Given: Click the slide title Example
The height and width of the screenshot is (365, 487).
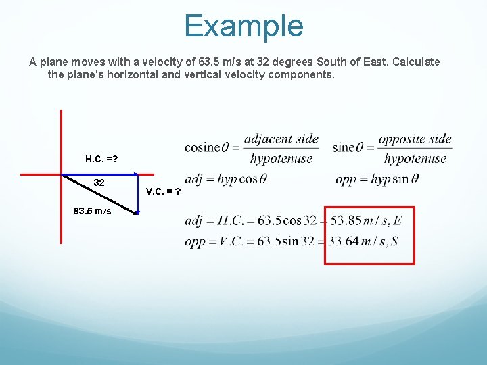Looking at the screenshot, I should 243,26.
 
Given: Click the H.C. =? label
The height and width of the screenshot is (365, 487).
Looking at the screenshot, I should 102,159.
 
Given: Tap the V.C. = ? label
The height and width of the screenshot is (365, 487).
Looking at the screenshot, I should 163,191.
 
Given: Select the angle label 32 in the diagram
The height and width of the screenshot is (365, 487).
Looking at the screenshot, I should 99,182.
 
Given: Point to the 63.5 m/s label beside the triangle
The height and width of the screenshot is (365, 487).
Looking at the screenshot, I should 93,211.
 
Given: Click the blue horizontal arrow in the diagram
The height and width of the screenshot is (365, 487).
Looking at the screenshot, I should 101,174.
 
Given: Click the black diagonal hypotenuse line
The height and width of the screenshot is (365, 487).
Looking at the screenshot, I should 101,195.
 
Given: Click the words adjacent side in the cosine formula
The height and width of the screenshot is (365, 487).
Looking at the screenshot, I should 281,139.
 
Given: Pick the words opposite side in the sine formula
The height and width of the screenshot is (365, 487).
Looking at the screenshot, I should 415,139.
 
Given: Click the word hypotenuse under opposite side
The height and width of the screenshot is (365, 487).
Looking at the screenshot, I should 415,159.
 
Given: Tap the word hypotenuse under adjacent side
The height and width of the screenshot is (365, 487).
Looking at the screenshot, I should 281,159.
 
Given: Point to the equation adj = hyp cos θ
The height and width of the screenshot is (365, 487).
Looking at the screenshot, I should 226,179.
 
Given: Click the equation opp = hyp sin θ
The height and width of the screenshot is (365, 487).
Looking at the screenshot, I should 377,179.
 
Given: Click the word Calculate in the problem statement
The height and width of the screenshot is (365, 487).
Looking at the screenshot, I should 414,62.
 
